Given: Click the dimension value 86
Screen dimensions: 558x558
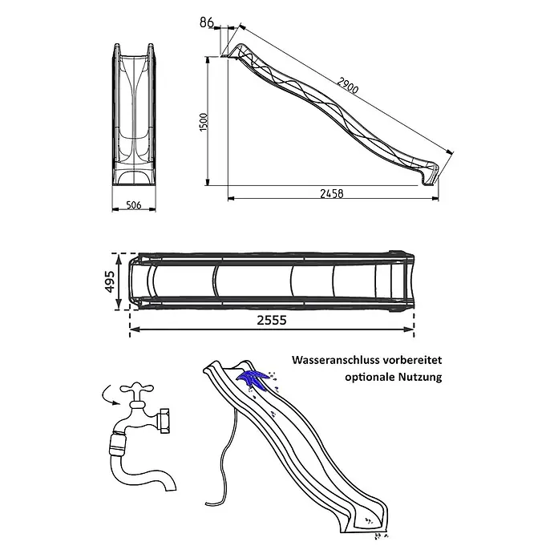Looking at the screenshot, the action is click(x=206, y=22).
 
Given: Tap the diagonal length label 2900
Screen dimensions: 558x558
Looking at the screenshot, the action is click(x=348, y=86).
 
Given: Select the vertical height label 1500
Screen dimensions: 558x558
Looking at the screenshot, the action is click(x=204, y=122).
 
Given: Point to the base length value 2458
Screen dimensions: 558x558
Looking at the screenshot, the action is click(x=332, y=193).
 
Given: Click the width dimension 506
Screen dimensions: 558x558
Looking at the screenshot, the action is click(x=134, y=205).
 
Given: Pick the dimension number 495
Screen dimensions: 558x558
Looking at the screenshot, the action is click(x=110, y=281).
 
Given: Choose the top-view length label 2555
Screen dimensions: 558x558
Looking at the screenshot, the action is click(x=272, y=320).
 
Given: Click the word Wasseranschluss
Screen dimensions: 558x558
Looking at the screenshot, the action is click(x=335, y=360).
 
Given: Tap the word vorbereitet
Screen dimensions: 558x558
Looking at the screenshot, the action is click(x=412, y=360).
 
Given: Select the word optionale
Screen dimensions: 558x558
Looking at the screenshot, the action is click(x=370, y=377).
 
